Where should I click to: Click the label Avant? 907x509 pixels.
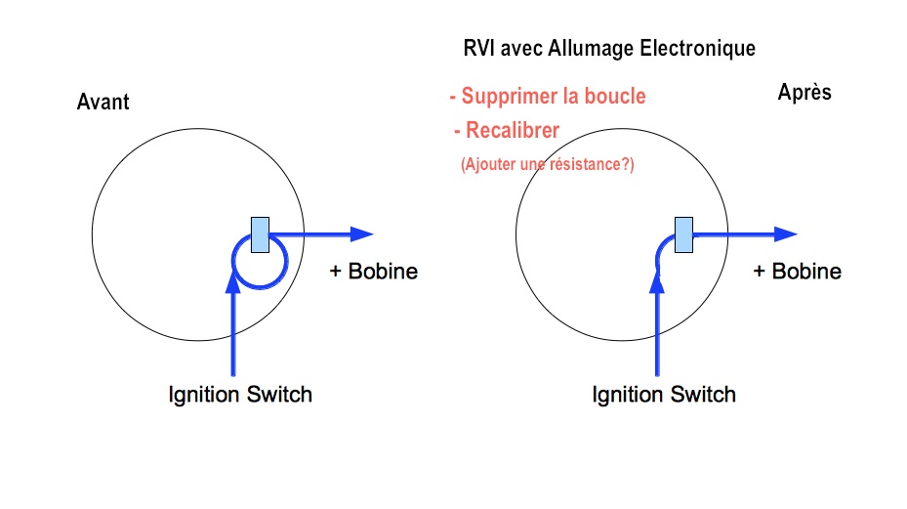click(x=103, y=102)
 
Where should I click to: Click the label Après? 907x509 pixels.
click(x=804, y=92)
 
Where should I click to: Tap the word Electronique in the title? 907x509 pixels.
click(x=698, y=48)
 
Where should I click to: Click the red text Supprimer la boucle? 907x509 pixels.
click(x=548, y=96)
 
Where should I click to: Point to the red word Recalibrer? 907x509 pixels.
click(x=513, y=130)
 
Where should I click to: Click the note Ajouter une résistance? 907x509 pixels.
click(x=547, y=164)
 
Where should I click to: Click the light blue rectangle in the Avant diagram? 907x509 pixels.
click(x=261, y=235)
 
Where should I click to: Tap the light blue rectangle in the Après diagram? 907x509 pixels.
click(x=683, y=235)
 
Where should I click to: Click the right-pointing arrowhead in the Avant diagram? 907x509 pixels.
click(x=362, y=234)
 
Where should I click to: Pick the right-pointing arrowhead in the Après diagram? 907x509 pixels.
click(x=786, y=234)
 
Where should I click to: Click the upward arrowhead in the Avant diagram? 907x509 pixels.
click(x=233, y=281)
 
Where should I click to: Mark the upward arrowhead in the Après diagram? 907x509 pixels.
click(x=657, y=281)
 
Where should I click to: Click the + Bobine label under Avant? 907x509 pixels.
click(x=374, y=271)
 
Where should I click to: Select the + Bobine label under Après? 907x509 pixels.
click(x=797, y=271)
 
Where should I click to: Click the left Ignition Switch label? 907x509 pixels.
click(x=240, y=395)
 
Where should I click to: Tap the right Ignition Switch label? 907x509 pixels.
click(x=664, y=395)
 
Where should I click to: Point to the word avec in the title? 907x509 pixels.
click(x=521, y=50)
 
